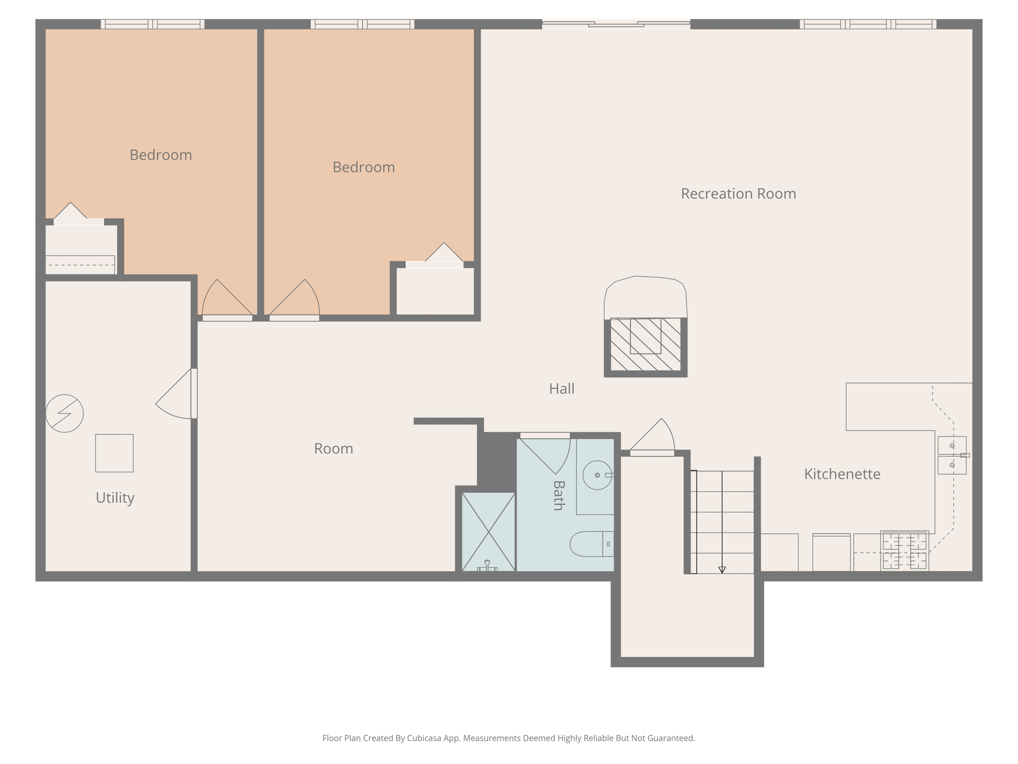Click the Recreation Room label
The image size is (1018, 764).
coord(738,193)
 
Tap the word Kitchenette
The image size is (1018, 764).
coord(842,474)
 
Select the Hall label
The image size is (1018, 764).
coord(562,388)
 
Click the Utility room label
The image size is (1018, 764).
coord(115,497)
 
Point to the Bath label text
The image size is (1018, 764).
coord(559,495)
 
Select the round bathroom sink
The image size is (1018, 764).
coord(597,475)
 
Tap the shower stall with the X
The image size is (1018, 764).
coord(488,531)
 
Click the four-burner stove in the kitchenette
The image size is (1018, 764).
coord(904,551)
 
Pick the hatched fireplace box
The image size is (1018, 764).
coord(645,344)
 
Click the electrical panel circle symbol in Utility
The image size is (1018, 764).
coord(65,413)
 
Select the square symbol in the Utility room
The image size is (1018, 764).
coord(114,453)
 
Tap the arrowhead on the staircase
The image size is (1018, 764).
coord(722,570)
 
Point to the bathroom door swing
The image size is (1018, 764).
coord(547,453)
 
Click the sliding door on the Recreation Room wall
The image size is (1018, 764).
coord(616,24)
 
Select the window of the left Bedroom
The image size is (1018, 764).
coord(153,24)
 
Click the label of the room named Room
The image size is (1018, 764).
coord(334,449)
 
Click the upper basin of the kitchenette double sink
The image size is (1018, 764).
coord(951,446)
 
